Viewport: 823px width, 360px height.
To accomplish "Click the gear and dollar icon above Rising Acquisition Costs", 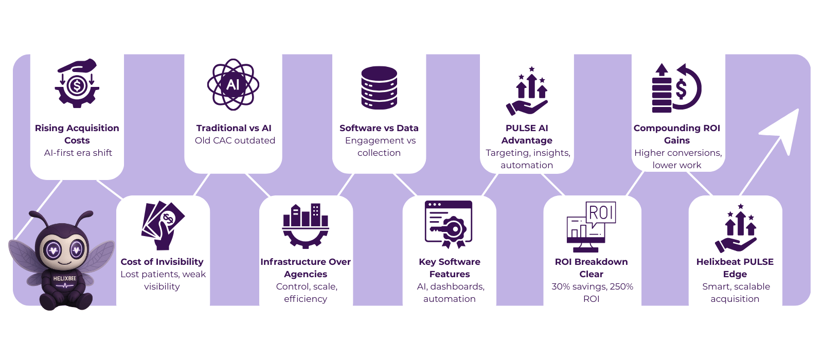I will [77, 83].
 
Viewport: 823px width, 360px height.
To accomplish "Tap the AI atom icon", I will [233, 84].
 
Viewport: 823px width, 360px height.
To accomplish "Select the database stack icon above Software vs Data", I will [379, 87].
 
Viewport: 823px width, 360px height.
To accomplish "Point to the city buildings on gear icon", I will [306, 225].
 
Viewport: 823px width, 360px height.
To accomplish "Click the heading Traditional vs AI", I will [234, 128].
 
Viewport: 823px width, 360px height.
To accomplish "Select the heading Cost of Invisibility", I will [162, 262].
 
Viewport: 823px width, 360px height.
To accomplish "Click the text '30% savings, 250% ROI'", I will [592, 293].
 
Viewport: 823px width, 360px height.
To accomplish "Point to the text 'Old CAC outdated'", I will [235, 140].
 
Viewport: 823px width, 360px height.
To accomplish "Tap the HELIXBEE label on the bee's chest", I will [65, 279].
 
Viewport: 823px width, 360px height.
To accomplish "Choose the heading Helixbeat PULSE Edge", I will [735, 268].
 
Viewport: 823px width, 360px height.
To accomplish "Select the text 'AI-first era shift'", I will [78, 153].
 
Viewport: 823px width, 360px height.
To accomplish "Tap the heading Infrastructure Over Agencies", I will [306, 268].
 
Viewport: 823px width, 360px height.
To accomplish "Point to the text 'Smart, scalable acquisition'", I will [736, 293].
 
